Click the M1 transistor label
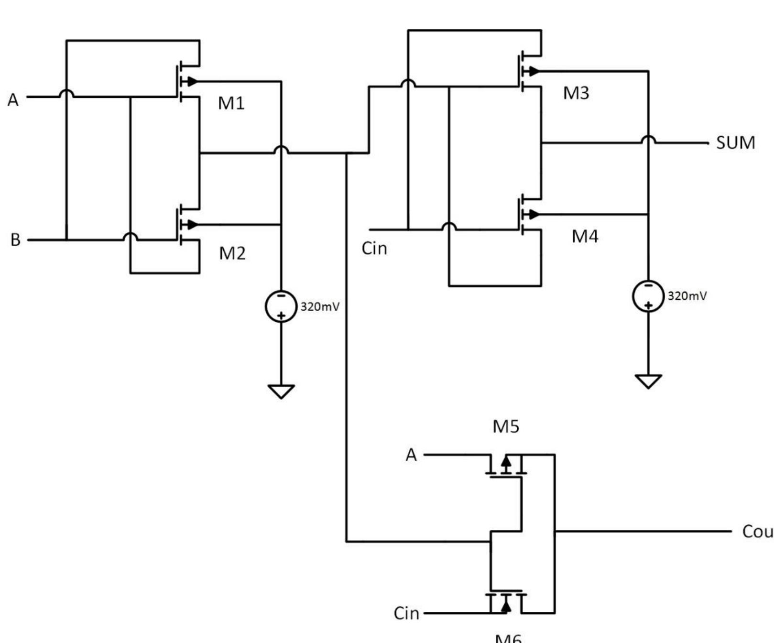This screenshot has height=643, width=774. [x=231, y=103]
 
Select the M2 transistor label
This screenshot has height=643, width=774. [x=232, y=253]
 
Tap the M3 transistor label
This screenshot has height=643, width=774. [x=576, y=93]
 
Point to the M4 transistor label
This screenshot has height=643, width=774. [x=585, y=236]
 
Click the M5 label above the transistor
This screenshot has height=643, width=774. [x=506, y=426]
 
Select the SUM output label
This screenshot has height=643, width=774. [x=735, y=143]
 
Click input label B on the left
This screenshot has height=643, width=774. [x=15, y=240]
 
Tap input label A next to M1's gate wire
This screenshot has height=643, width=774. [x=13, y=100]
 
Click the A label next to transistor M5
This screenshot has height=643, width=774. [x=411, y=455]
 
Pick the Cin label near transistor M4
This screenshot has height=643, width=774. [x=374, y=249]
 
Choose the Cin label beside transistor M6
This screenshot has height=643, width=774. [x=406, y=613]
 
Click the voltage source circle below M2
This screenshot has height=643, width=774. [x=281, y=306]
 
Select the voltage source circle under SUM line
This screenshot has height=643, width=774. [x=648, y=296]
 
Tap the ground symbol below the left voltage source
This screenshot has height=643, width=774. [x=281, y=391]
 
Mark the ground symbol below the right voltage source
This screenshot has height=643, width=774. [x=648, y=381]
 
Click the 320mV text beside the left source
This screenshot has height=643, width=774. [x=319, y=306]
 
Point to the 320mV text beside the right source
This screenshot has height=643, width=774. [x=687, y=296]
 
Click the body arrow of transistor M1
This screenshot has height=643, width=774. [x=192, y=81]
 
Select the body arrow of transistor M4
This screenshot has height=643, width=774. [x=534, y=214]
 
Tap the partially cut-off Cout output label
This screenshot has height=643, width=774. [x=757, y=531]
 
